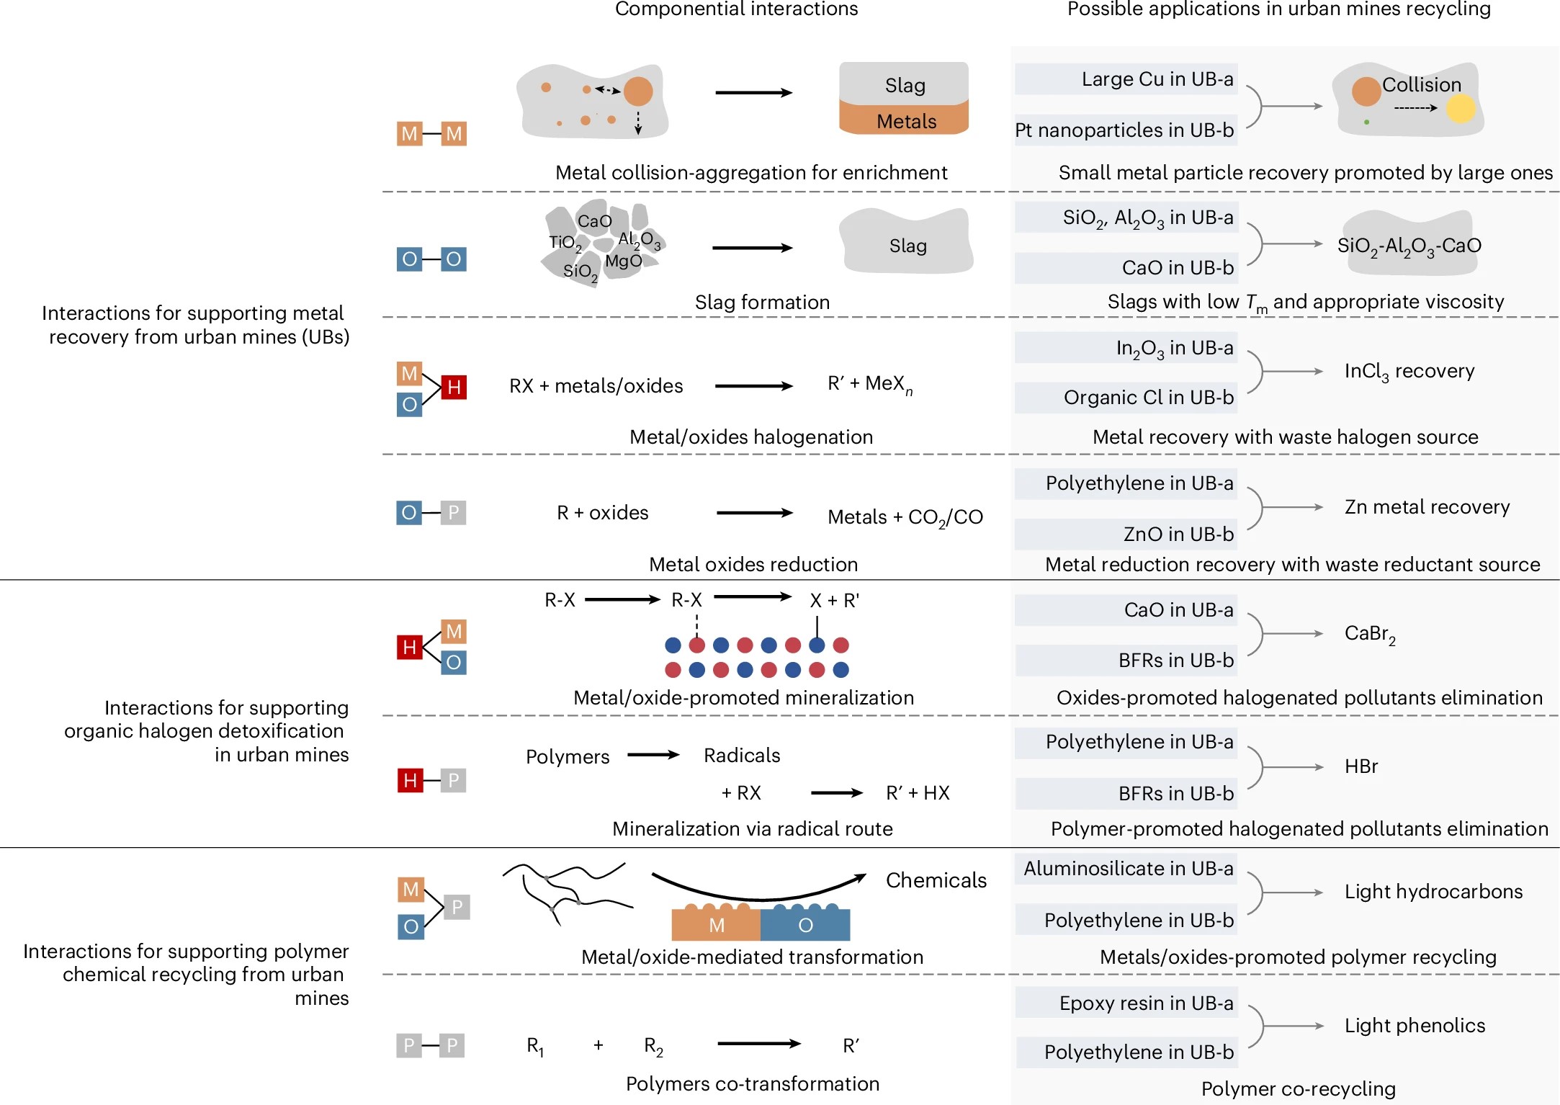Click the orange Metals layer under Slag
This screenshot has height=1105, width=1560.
(905, 120)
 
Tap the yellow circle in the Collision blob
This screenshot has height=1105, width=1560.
(1460, 109)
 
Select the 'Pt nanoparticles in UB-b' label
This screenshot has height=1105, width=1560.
(1125, 130)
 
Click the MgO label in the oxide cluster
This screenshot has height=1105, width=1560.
(623, 261)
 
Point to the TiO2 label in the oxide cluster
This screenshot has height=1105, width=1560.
(565, 243)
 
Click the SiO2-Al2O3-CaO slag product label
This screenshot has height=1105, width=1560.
(1409, 246)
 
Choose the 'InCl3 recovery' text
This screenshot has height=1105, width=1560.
(1409, 372)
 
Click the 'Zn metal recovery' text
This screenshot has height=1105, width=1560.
(1427, 507)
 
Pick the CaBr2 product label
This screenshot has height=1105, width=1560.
(1370, 634)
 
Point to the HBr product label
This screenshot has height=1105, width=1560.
(1360, 766)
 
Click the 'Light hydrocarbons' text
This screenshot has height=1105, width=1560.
(1433, 892)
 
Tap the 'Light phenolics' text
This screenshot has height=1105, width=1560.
(1415, 1026)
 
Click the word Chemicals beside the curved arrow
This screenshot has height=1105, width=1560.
(936, 880)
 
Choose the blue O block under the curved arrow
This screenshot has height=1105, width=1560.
(805, 925)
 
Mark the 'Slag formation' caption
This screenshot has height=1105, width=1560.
(762, 303)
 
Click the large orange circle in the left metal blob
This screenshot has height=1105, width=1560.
(638, 91)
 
